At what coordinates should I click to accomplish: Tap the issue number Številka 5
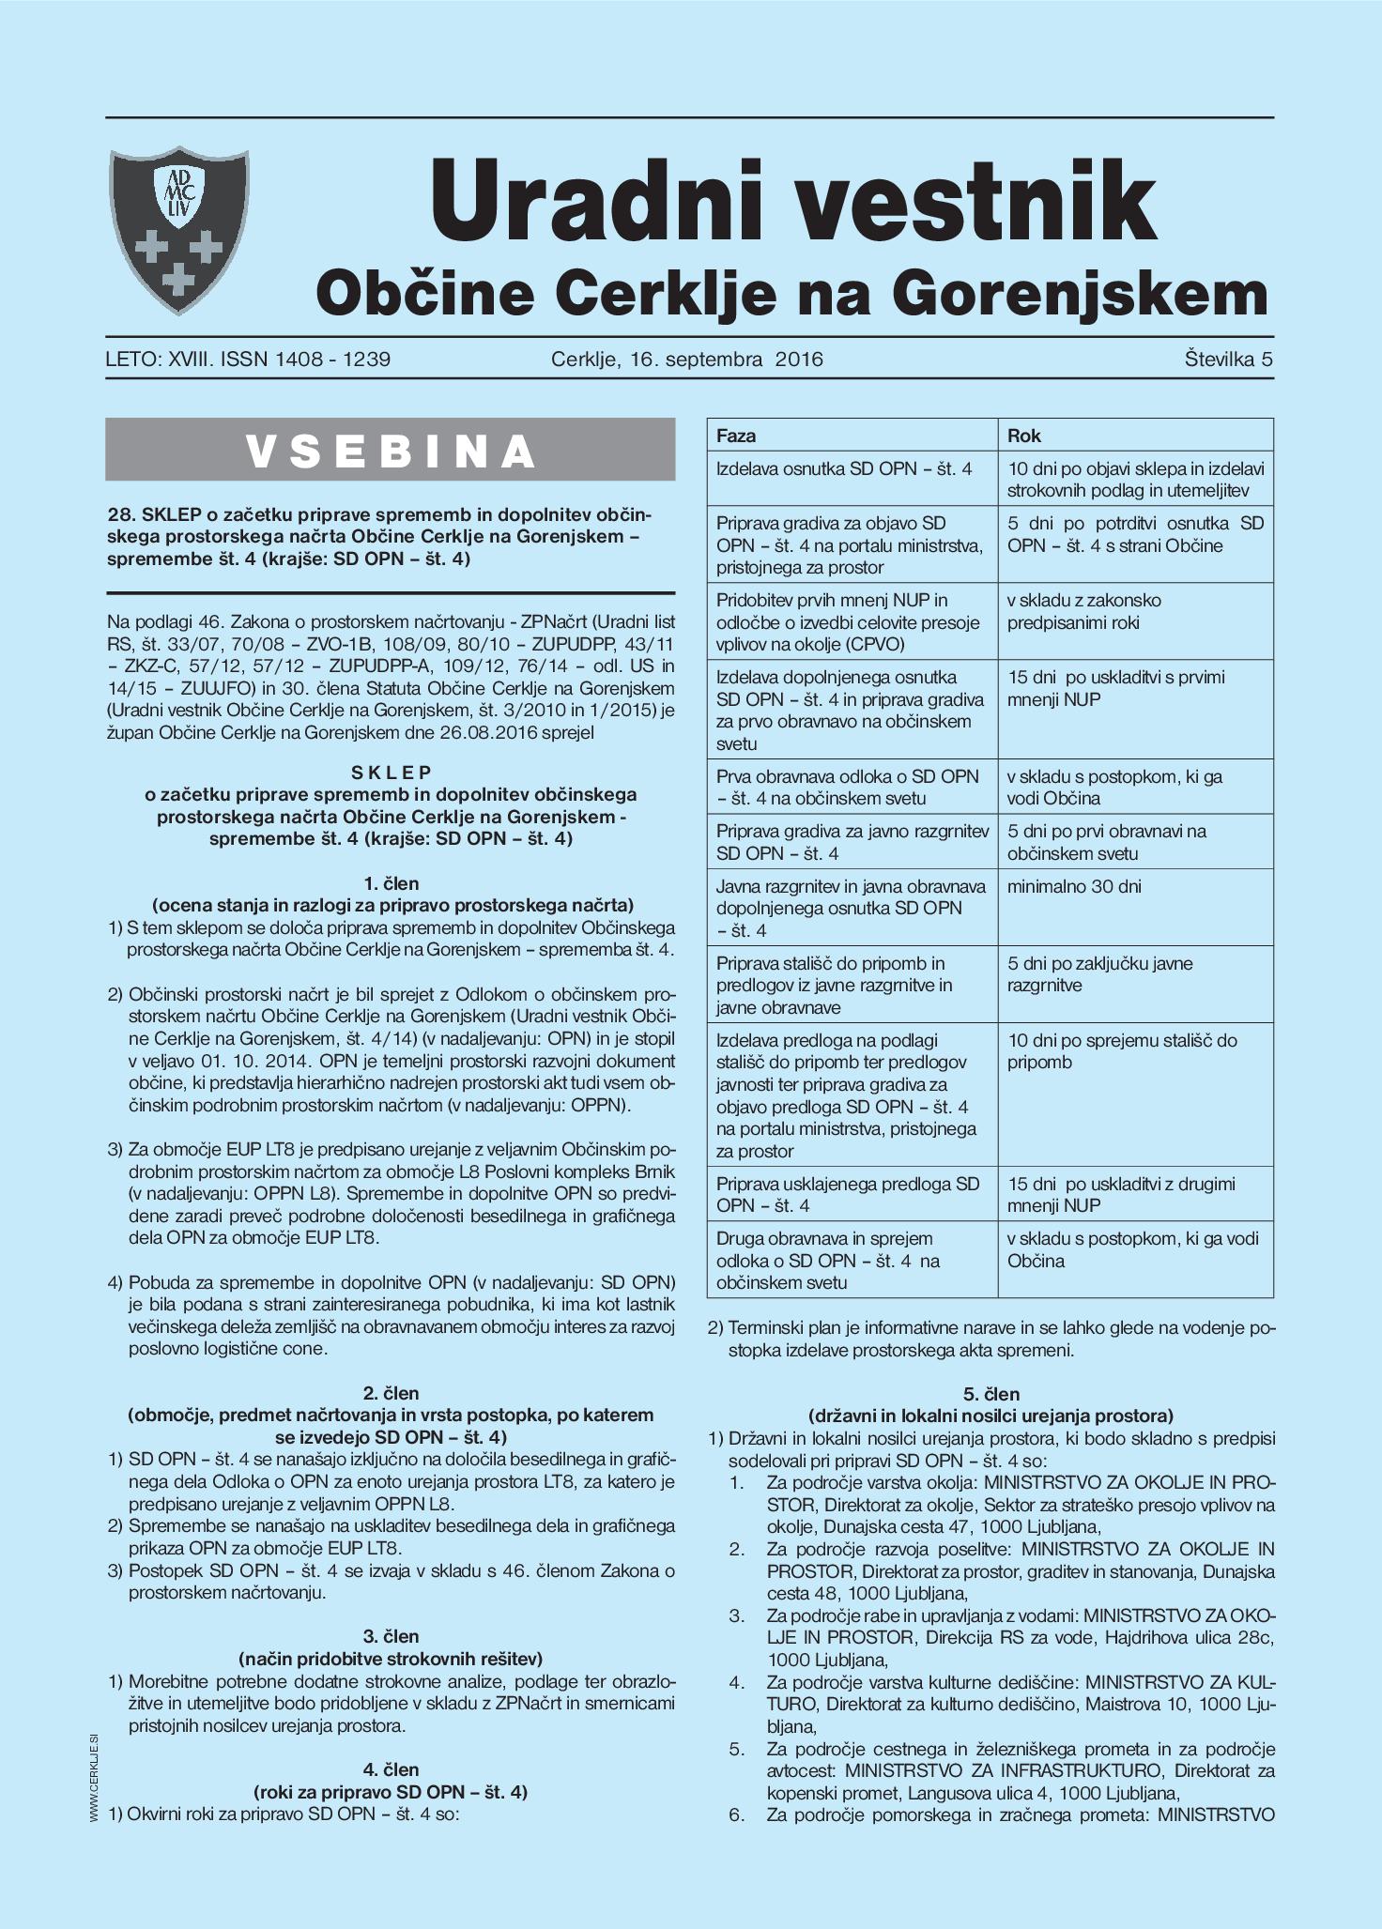click(x=1228, y=359)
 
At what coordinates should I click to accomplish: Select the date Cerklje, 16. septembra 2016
click(x=686, y=359)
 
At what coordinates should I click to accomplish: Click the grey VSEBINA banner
click(x=391, y=451)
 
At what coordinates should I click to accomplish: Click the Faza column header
click(x=736, y=436)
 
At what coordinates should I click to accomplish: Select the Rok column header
click(x=1024, y=436)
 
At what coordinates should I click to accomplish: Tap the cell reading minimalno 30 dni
click(x=1074, y=886)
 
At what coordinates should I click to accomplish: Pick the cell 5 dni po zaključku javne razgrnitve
click(x=1099, y=974)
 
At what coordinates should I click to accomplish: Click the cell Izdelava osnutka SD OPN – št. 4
click(x=844, y=468)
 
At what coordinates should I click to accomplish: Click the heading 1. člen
click(x=391, y=883)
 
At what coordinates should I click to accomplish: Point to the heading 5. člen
click(x=990, y=1394)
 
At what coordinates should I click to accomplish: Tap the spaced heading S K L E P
click(x=391, y=773)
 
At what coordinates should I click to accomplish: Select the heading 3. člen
click(x=391, y=1636)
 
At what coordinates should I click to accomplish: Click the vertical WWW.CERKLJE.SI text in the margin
click(x=95, y=1780)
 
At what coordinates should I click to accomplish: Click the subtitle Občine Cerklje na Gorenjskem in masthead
click(x=791, y=294)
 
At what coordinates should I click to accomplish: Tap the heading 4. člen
click(x=391, y=1769)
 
